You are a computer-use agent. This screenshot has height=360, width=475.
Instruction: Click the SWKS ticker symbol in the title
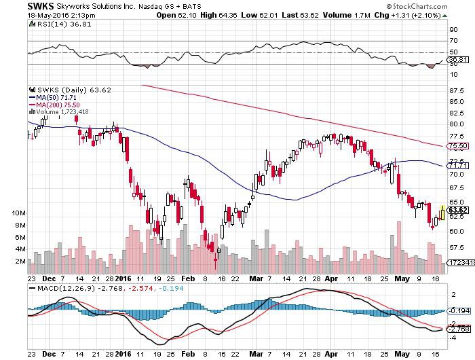pos(14,5)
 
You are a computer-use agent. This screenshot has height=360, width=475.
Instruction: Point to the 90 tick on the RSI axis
pos(452,30)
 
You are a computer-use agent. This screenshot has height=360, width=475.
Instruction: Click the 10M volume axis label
pos(19,213)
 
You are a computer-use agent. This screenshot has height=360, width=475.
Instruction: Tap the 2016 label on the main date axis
pos(122,278)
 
